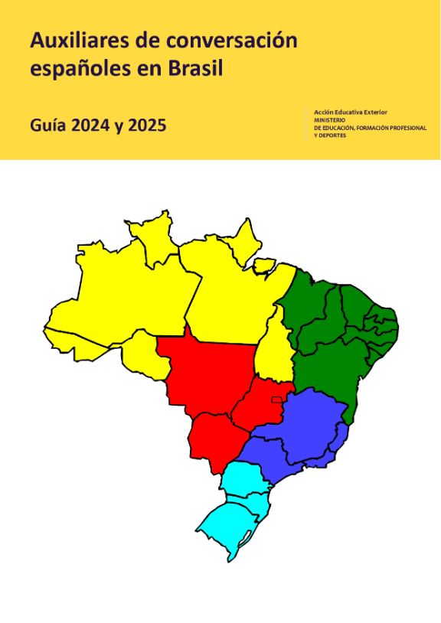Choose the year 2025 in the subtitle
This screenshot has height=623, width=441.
click(148, 126)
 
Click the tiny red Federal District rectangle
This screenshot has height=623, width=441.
click(276, 400)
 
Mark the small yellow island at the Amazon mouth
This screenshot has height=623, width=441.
click(264, 266)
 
